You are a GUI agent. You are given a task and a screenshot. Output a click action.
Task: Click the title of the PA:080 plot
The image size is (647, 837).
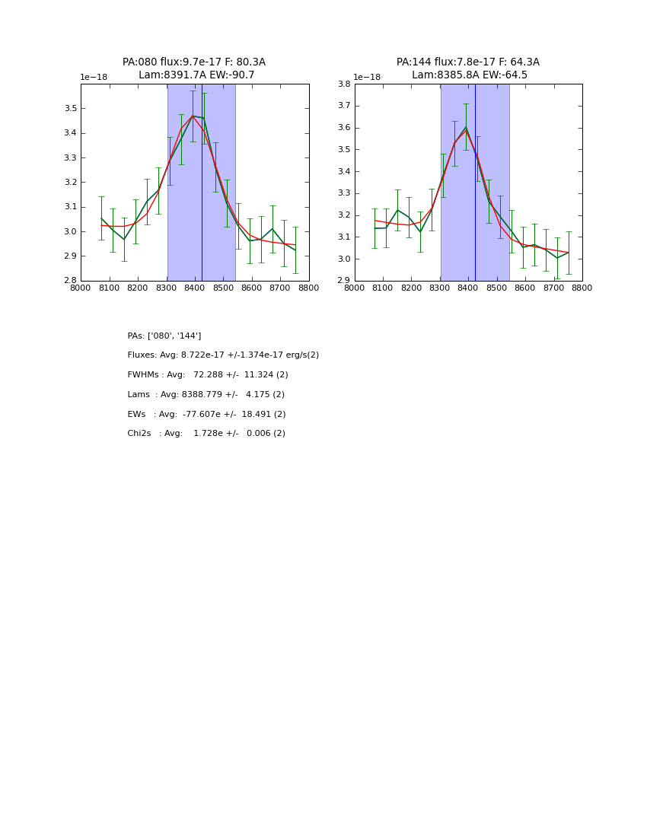pyautogui.click(x=194, y=68)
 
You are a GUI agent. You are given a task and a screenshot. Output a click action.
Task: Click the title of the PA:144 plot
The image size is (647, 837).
pyautogui.click(x=468, y=68)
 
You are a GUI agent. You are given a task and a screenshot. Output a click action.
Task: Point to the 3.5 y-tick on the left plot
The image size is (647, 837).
pyautogui.click(x=69, y=109)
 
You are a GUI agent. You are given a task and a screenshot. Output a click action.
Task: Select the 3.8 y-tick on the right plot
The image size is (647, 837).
pyautogui.click(x=343, y=84)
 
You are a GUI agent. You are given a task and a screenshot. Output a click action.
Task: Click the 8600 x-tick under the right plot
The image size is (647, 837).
pyautogui.click(x=525, y=288)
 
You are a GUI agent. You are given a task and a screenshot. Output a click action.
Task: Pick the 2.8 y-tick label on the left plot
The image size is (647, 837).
pyautogui.click(x=69, y=281)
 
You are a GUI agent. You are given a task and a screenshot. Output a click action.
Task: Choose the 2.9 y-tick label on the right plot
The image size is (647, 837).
pyautogui.click(x=343, y=281)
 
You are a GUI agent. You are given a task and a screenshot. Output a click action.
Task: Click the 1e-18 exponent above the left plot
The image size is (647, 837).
pyautogui.click(x=94, y=78)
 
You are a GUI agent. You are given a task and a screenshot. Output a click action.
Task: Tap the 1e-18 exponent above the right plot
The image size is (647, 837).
pyautogui.click(x=367, y=78)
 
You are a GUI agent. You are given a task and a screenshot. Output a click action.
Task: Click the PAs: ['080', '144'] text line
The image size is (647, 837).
pyautogui.click(x=164, y=336)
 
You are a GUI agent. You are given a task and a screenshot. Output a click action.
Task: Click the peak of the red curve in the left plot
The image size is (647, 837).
pyautogui.click(x=193, y=116)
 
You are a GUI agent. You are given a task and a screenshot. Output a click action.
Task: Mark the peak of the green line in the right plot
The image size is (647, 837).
pyautogui.click(x=466, y=127)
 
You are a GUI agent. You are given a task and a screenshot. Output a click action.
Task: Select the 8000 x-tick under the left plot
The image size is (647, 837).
pyautogui.click(x=81, y=288)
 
